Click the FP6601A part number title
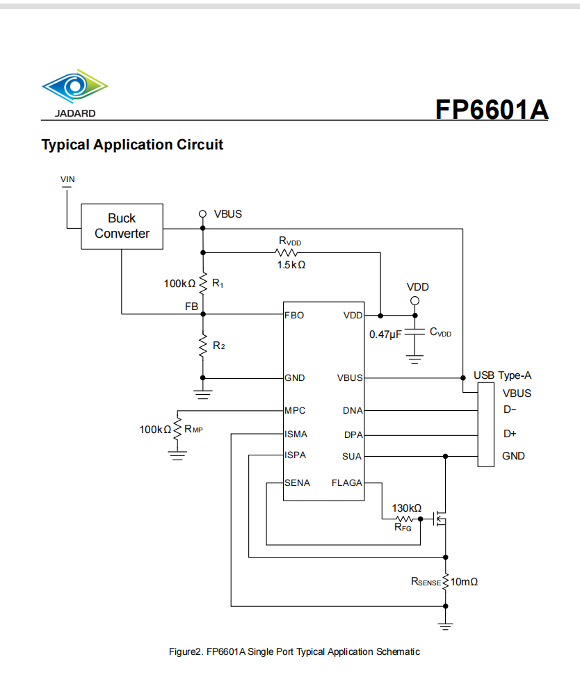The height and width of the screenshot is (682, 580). pos(491,109)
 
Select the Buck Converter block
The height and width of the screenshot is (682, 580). pos(122,226)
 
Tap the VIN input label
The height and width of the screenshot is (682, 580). pos(67,179)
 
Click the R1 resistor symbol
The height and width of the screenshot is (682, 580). pos(203,283)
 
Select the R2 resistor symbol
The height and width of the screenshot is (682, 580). pos(203,346)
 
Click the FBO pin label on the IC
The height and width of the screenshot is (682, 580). pos(294,315)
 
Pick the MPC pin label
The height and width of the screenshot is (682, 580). pos(295,410)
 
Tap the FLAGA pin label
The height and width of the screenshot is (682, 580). pos(346,482)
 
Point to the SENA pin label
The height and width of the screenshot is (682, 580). pos(297,482)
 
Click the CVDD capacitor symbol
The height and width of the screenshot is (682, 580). pos(414,333)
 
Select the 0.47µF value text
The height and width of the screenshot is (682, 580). pos(385,334)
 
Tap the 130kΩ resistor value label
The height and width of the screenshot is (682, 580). pos(407,508)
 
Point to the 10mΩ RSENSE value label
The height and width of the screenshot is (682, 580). pos(464,581)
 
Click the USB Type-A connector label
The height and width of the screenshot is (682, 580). pos(502,375)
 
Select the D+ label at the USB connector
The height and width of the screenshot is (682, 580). pos(510,434)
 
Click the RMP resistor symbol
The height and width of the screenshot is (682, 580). pos(177,430)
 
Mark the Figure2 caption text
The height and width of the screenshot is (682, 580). pos(294,651)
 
